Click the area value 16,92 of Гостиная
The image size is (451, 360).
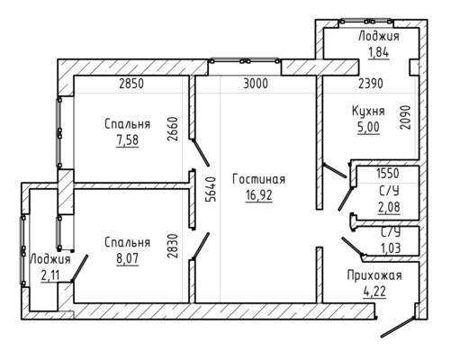[x=259, y=195]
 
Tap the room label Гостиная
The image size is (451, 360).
[x=259, y=179]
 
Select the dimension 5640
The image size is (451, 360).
[x=212, y=189]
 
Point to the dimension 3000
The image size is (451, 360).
[x=256, y=84]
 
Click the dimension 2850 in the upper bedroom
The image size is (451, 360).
[x=131, y=84]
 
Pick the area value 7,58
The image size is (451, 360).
[x=128, y=140]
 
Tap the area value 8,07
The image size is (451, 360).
[x=128, y=258]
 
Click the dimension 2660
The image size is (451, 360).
[x=173, y=129]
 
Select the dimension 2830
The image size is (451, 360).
[x=173, y=246]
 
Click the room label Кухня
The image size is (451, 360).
[x=368, y=111]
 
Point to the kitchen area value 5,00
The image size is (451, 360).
[x=368, y=127]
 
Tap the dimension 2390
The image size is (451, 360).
[x=371, y=84]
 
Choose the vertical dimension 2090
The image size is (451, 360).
[x=405, y=117]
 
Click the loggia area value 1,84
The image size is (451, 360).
[x=379, y=52]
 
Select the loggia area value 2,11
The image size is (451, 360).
[x=50, y=276]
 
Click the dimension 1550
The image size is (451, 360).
[x=388, y=174]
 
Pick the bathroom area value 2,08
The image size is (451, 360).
[x=389, y=207]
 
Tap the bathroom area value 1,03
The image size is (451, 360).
[x=391, y=248]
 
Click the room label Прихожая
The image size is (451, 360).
[x=374, y=275]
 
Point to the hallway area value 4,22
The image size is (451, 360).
[x=374, y=292]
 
